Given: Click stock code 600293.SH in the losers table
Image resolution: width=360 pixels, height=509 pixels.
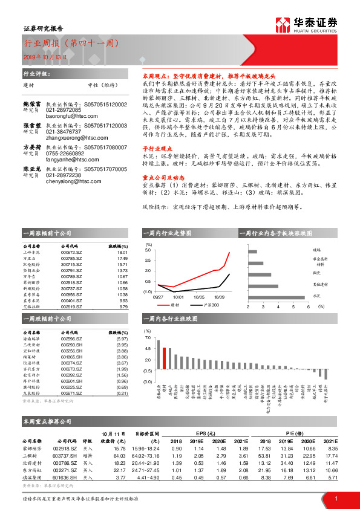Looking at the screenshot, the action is [x=72, y=345].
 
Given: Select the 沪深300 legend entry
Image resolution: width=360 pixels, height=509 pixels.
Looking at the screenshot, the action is [x=200, y=305].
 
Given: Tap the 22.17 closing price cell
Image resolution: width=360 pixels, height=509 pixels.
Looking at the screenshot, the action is [x=118, y=470].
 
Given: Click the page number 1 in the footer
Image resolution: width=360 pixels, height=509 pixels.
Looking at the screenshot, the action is [x=335, y=498].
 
